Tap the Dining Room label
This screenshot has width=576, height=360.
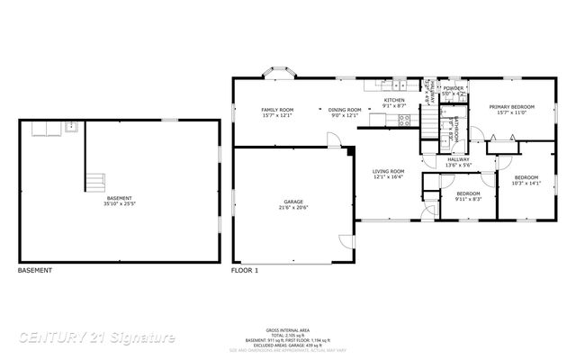(x=345, y=109)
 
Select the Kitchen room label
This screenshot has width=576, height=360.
(x=394, y=101)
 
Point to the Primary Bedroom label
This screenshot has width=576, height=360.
(x=511, y=106)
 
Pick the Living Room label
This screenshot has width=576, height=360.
(x=389, y=171)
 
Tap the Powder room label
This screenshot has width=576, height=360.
(x=453, y=88)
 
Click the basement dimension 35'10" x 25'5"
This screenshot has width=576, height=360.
(x=120, y=203)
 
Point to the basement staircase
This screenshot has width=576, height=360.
(x=95, y=182)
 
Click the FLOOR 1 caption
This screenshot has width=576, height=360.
(x=245, y=270)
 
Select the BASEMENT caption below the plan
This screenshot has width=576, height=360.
(x=35, y=270)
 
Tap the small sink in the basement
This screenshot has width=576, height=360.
(x=69, y=127)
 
